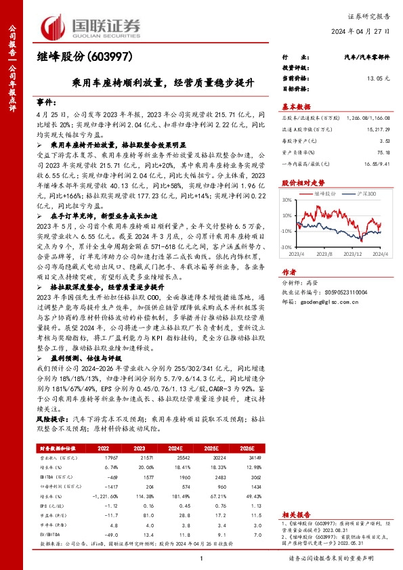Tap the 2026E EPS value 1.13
pos(256,505)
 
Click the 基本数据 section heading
pos(296,106)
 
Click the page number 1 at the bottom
pos(201,557)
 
